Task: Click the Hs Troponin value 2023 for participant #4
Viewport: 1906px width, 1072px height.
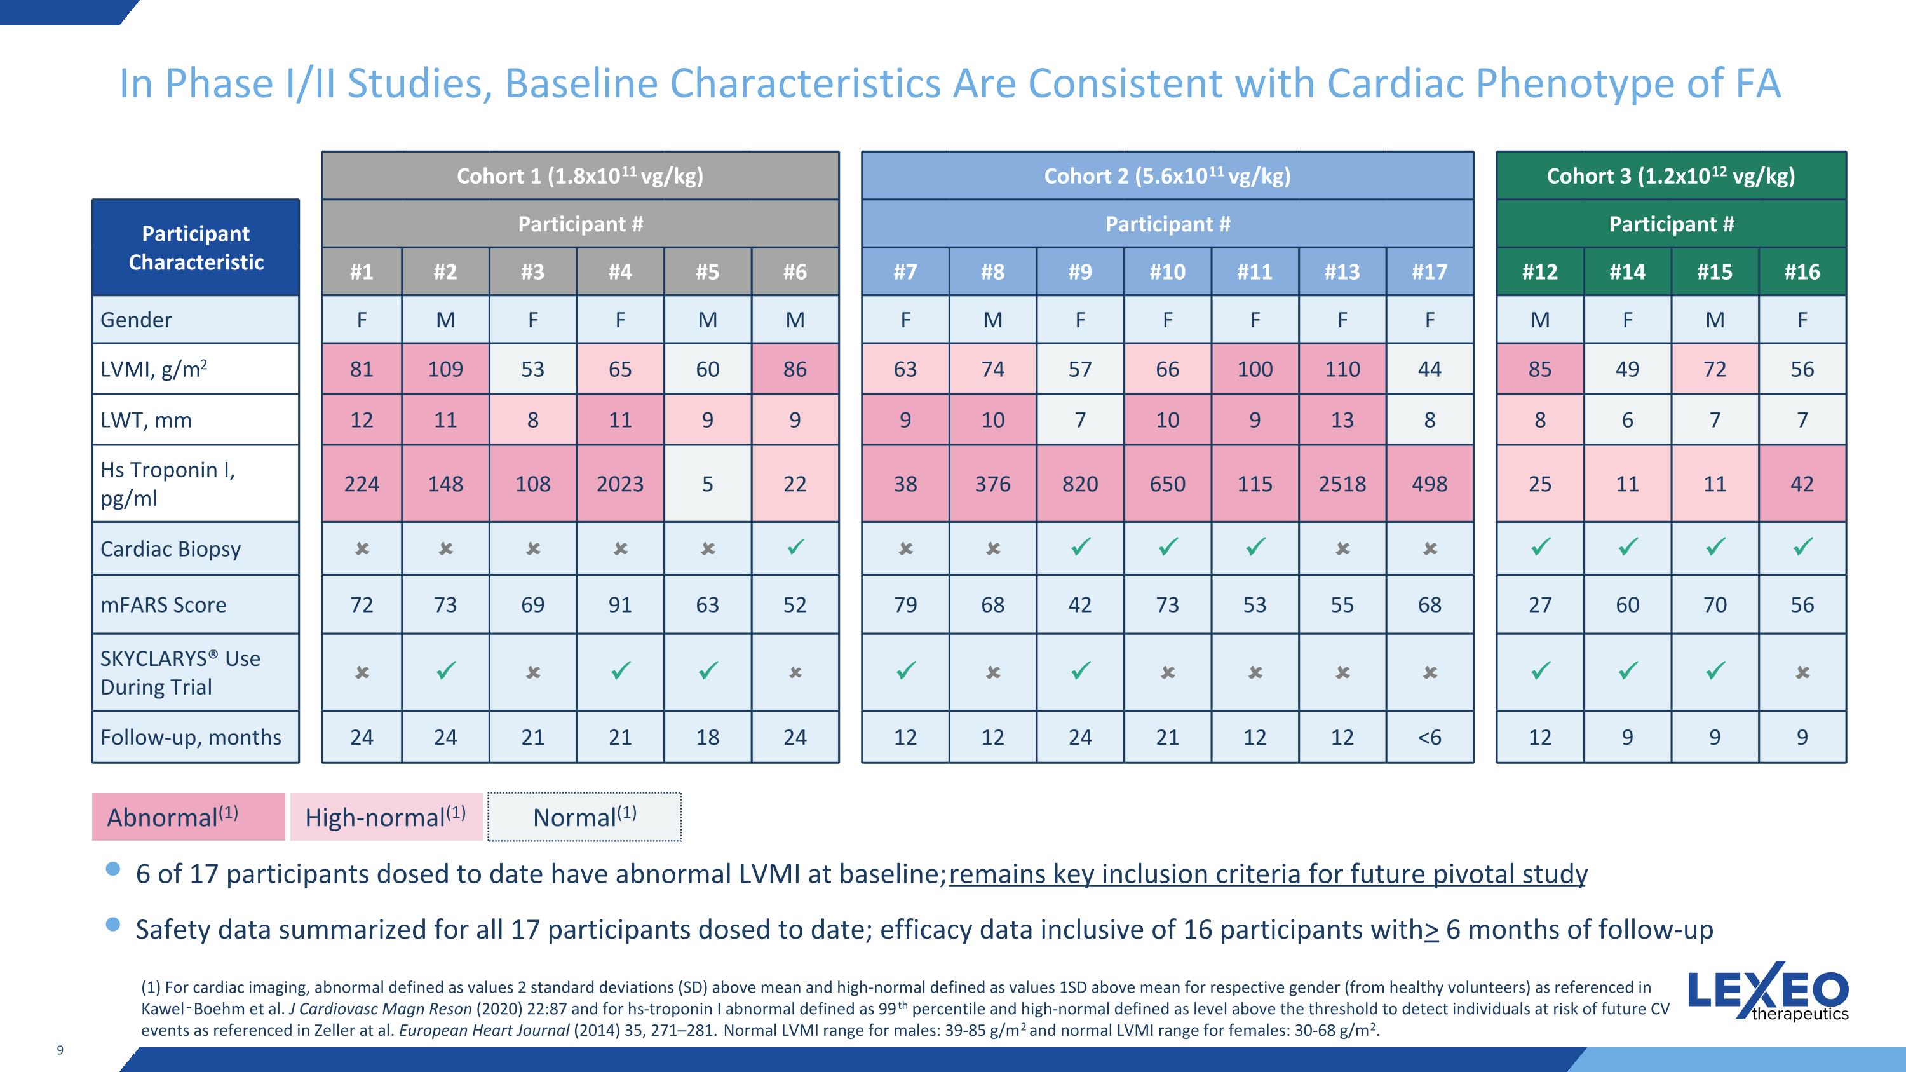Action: [620, 484]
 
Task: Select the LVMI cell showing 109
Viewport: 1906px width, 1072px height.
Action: [445, 369]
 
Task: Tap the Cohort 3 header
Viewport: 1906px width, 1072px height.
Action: [1671, 176]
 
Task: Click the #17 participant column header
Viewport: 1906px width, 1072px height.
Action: [1429, 271]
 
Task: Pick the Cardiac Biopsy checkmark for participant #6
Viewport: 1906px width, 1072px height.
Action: [795, 548]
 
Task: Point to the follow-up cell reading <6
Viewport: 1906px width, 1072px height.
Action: [1429, 737]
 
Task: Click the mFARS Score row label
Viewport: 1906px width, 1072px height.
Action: [163, 604]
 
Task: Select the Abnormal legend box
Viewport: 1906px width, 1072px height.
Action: [189, 817]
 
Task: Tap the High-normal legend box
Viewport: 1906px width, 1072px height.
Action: [386, 817]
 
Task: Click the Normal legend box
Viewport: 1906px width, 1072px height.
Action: [585, 817]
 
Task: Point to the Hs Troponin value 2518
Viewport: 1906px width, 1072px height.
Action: [1342, 484]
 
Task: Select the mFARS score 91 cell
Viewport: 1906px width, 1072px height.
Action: [620, 604]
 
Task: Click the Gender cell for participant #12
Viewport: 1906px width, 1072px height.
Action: [1541, 320]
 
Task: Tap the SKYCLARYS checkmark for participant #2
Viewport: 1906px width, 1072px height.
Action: [445, 671]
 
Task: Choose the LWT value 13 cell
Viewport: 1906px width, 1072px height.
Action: [1342, 419]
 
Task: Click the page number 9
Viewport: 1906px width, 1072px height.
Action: [60, 1050]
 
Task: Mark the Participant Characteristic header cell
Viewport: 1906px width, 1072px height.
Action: [196, 248]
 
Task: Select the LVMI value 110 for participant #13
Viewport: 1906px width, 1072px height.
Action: [1342, 369]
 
